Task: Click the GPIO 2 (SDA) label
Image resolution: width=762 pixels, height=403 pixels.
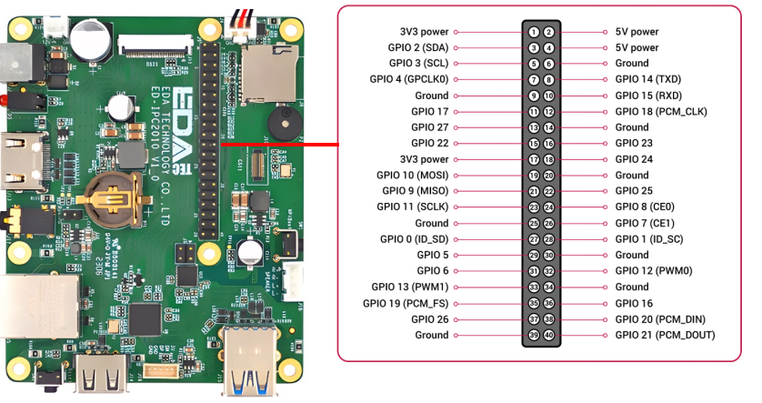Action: coord(418,47)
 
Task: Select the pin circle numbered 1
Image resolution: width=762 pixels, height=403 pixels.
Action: coord(534,32)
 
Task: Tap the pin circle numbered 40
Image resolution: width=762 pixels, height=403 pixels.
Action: coord(548,335)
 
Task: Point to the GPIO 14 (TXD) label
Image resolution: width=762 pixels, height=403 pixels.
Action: coord(647,79)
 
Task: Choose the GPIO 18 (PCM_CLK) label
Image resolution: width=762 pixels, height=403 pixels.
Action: coord(661,111)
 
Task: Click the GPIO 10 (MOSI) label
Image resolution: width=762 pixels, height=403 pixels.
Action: coord(412,175)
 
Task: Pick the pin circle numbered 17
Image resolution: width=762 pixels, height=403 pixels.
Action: coord(534,159)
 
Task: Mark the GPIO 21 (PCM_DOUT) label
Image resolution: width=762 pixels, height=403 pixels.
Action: coord(665,335)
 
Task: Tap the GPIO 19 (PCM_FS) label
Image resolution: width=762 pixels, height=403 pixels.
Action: coord(406,303)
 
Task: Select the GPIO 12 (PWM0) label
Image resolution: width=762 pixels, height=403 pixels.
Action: coord(654,271)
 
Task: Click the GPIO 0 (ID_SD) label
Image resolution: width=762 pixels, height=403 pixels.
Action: coord(414,239)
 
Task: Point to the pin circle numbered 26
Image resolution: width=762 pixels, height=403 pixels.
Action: coord(548,223)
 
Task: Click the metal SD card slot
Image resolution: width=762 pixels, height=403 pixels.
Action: coord(270,73)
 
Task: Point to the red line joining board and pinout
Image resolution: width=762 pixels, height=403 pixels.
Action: coord(280,145)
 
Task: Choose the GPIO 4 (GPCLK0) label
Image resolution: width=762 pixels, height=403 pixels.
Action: coord(408,79)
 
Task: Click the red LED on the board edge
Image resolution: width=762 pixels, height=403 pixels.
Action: coord(5,100)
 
